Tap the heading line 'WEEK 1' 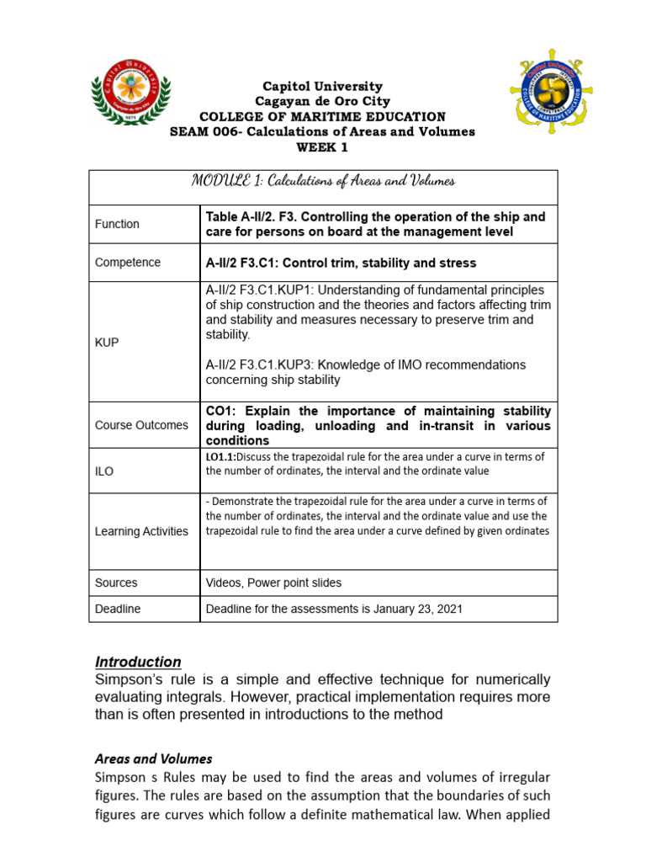pyautogui.click(x=322, y=147)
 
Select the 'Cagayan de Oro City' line pyautogui.click(x=322, y=101)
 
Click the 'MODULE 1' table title pyautogui.click(x=323, y=181)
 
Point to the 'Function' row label pyautogui.click(x=117, y=224)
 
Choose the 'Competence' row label pyautogui.click(x=127, y=263)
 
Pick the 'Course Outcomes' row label pyautogui.click(x=141, y=425)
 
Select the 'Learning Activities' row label pyautogui.click(x=141, y=531)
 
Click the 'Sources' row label pyautogui.click(x=116, y=583)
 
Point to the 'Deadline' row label pyautogui.click(x=118, y=609)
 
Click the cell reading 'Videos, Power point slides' pyautogui.click(x=273, y=583)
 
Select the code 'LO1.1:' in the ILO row pyautogui.click(x=223, y=457)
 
